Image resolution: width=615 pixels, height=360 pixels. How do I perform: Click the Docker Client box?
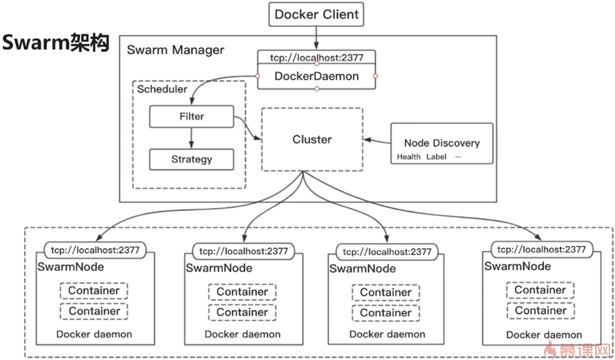click(316, 14)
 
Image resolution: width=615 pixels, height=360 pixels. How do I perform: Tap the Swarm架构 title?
click(55, 43)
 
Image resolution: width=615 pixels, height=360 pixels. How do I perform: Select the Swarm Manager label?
click(175, 50)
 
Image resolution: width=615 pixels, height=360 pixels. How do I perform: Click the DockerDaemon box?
click(317, 76)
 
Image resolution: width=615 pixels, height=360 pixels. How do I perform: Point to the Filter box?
click(191, 116)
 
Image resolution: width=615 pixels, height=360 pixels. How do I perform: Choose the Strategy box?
click(191, 159)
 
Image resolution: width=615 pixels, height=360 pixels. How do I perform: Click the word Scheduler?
click(162, 89)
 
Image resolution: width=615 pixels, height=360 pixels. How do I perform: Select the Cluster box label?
click(312, 139)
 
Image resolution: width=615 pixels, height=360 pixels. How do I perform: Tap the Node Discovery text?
click(442, 143)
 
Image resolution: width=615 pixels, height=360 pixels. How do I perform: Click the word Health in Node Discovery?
click(409, 157)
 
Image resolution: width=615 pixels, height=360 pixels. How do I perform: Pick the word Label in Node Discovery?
click(437, 157)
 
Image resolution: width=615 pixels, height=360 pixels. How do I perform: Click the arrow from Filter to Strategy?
click(191, 138)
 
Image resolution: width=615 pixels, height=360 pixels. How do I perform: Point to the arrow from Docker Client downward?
click(317, 38)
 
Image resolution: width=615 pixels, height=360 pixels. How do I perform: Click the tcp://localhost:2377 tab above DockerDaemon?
click(317, 57)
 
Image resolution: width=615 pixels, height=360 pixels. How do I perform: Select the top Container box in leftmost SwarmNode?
click(94, 291)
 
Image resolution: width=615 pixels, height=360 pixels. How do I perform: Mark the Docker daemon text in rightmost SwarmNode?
click(544, 334)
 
